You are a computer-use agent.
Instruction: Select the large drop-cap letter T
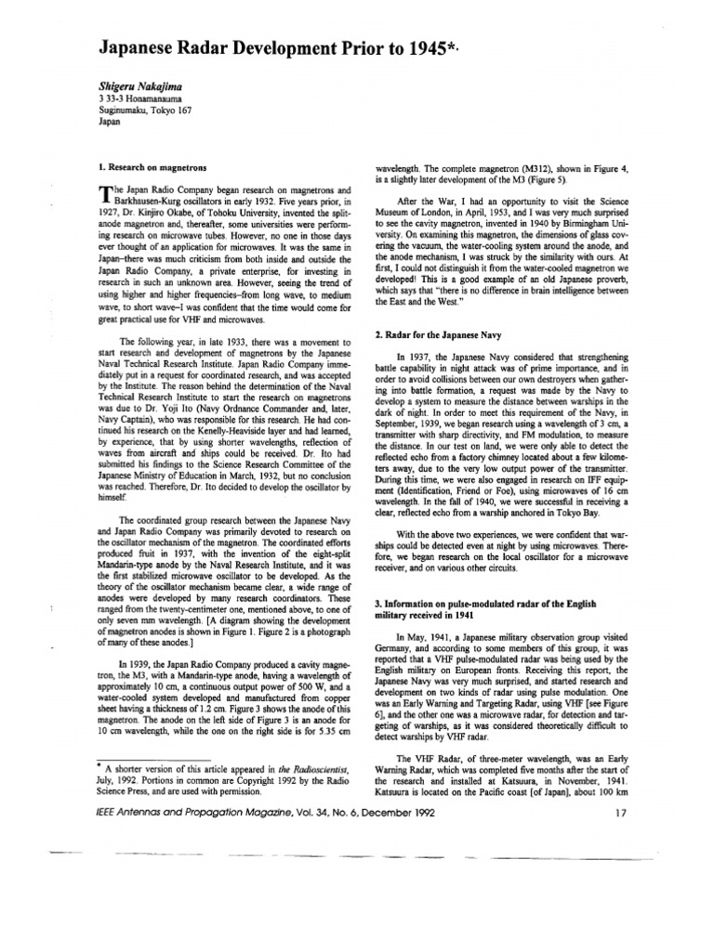tap(103, 193)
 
